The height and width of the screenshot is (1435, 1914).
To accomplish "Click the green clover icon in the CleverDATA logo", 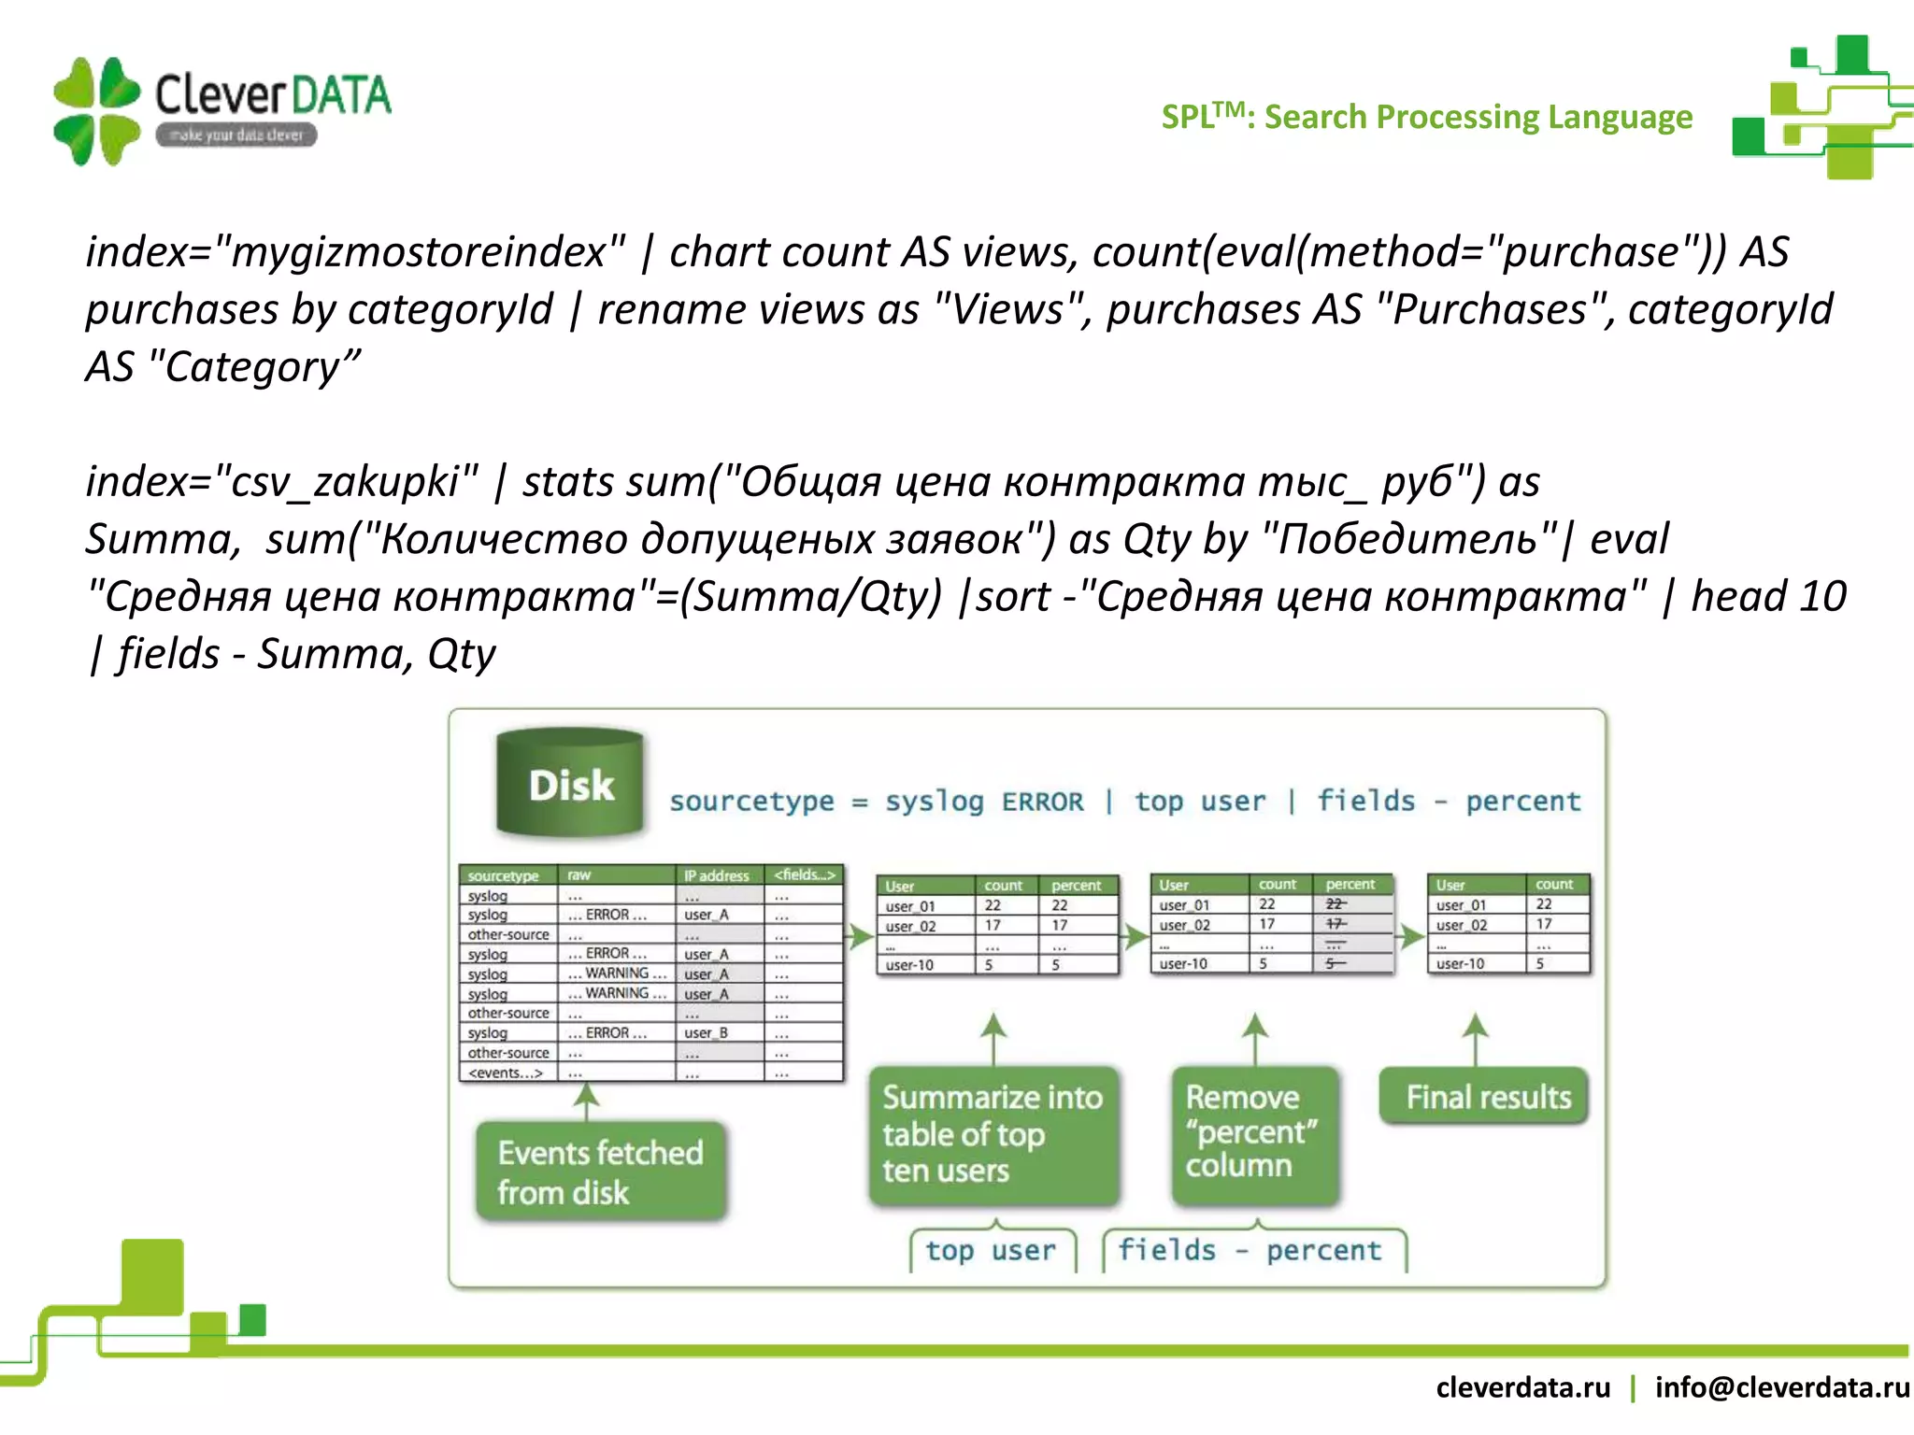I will (x=96, y=111).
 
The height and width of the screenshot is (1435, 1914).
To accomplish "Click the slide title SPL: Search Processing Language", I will (x=1426, y=117).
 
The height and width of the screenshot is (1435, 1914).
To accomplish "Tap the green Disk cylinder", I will (x=570, y=783).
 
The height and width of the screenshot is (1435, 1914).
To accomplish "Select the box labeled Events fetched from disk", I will (x=600, y=1172).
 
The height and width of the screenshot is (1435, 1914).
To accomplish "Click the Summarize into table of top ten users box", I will (x=993, y=1134).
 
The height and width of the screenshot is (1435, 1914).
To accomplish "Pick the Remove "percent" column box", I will (x=1253, y=1131).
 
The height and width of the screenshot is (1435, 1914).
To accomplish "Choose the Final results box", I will (x=1488, y=1097).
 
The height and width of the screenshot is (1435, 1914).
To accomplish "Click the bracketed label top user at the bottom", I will (x=991, y=1250).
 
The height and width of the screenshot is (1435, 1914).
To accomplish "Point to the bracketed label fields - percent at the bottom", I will (x=1250, y=1250).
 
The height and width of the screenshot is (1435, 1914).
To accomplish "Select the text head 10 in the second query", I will (x=1768, y=596).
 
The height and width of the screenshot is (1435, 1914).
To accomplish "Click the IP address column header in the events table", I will (x=716, y=875).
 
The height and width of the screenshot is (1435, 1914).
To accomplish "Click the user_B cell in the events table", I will (x=706, y=1032).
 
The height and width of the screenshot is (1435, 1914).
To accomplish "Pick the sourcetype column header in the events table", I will (x=503, y=875).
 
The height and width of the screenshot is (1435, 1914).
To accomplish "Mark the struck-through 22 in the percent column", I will (x=1336, y=903).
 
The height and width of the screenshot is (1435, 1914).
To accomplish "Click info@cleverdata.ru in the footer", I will (x=1781, y=1386).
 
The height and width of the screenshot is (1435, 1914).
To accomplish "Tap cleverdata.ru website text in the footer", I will (x=1522, y=1386).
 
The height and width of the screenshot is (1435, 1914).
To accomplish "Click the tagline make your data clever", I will (x=236, y=135).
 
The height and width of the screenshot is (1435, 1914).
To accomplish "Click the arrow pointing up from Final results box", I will (x=1475, y=1037).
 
